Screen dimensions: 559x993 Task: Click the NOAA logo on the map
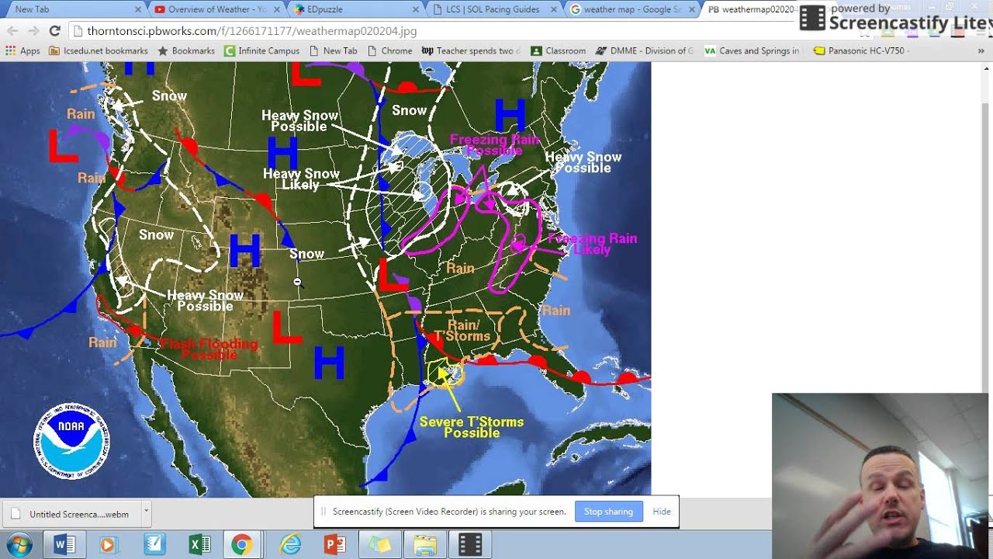(71, 441)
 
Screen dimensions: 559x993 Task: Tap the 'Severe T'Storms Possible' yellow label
(472, 427)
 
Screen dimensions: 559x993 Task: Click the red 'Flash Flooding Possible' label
(209, 349)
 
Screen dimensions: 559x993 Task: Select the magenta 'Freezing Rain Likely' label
(592, 244)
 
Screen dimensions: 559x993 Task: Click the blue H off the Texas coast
(329, 363)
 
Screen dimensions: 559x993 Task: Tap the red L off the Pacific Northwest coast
(64, 146)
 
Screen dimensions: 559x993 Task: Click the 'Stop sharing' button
(608, 512)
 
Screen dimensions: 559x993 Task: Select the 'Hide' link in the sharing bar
(662, 512)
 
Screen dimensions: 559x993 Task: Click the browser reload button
(54, 31)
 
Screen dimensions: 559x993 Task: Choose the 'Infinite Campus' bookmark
(261, 51)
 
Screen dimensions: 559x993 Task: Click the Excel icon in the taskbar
(199, 544)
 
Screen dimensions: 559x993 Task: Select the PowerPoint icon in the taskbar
(335, 544)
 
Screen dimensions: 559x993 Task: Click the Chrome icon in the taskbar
(240, 544)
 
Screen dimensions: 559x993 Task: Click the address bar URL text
(252, 31)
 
